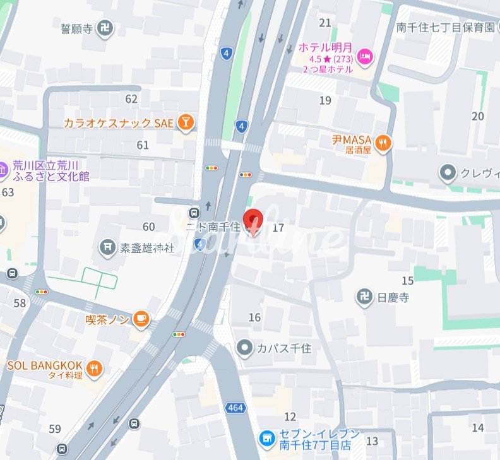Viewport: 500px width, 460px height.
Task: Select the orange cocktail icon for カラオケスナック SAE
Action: (x=185, y=122)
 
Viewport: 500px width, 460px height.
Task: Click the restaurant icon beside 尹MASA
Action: (x=383, y=144)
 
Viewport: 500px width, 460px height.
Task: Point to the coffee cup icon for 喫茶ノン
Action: (x=141, y=321)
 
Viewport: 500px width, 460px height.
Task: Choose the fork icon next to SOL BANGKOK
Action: (x=95, y=369)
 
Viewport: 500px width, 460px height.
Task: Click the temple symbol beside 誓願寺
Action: (x=105, y=28)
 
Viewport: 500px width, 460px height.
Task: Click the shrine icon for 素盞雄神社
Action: (x=108, y=247)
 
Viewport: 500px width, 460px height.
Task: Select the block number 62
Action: (x=131, y=99)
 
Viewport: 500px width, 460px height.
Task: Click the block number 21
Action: (x=325, y=23)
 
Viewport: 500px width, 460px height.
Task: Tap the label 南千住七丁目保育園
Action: (x=445, y=27)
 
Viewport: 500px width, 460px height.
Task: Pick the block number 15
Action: (x=408, y=281)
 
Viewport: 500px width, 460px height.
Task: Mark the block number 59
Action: (x=55, y=429)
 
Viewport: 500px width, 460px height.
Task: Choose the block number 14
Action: (x=477, y=427)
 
